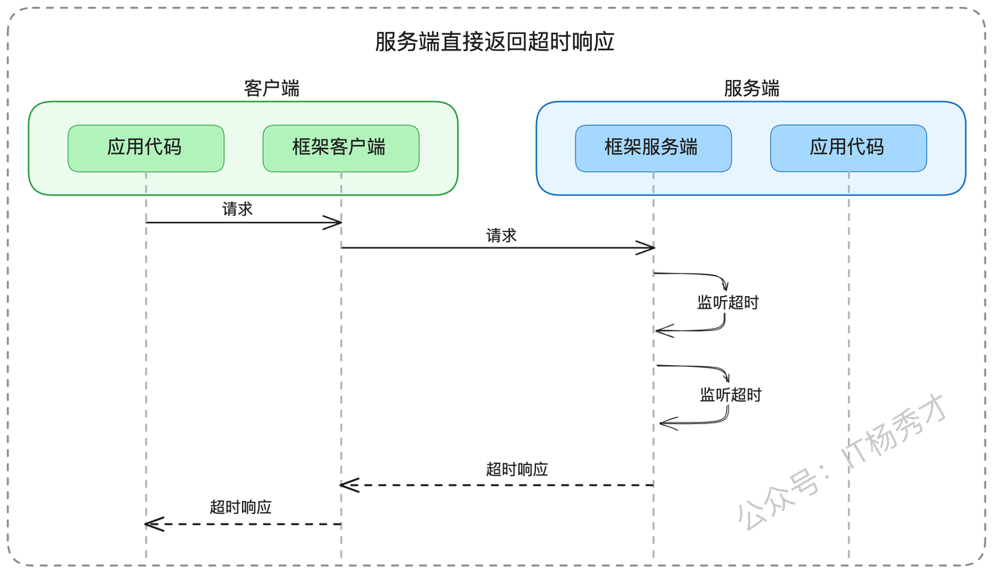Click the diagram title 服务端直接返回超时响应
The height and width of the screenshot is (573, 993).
point(494,42)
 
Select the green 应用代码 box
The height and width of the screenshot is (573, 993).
point(146,148)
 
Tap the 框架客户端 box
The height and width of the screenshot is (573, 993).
point(341,148)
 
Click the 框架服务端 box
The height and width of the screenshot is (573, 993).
point(653,148)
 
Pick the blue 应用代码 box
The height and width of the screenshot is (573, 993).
point(849,148)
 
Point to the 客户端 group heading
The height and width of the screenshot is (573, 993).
point(272,88)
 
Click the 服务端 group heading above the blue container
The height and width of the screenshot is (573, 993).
point(752,88)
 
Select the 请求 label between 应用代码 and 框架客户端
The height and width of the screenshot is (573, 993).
point(237,209)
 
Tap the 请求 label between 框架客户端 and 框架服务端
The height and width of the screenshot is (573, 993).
point(501,235)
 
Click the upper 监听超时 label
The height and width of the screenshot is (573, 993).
point(728,302)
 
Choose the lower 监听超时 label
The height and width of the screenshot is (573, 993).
point(731,395)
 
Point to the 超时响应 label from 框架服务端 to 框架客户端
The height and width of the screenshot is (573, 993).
point(517,469)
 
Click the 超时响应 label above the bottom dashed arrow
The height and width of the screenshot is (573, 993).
point(240,507)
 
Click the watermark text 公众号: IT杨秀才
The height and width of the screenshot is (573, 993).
point(842,463)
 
